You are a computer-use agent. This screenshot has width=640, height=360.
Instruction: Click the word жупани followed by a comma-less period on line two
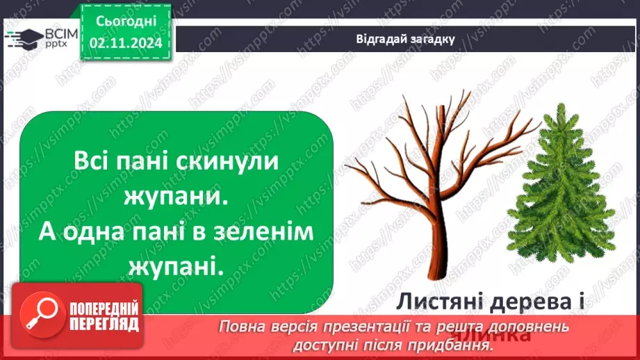[x=175, y=197]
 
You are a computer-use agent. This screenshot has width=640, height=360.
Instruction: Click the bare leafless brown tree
[x=431, y=181]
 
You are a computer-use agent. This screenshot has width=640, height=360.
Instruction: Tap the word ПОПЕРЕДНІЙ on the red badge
[x=104, y=309]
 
